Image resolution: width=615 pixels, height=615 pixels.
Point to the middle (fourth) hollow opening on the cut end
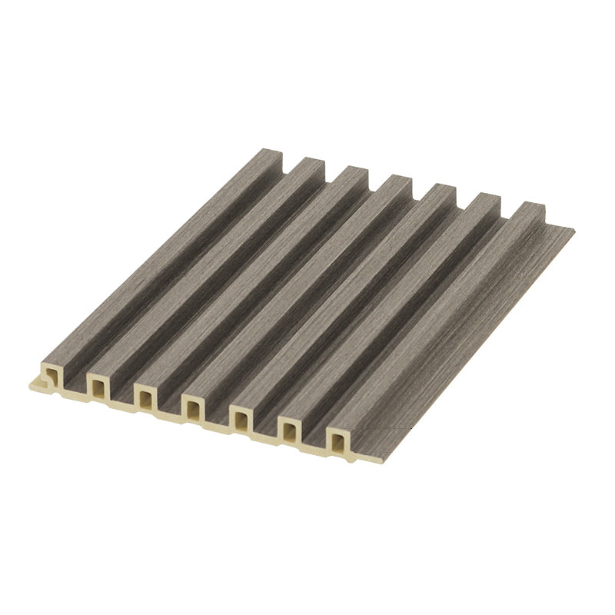[x=193, y=407]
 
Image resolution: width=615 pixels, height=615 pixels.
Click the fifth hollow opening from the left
[x=241, y=420]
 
